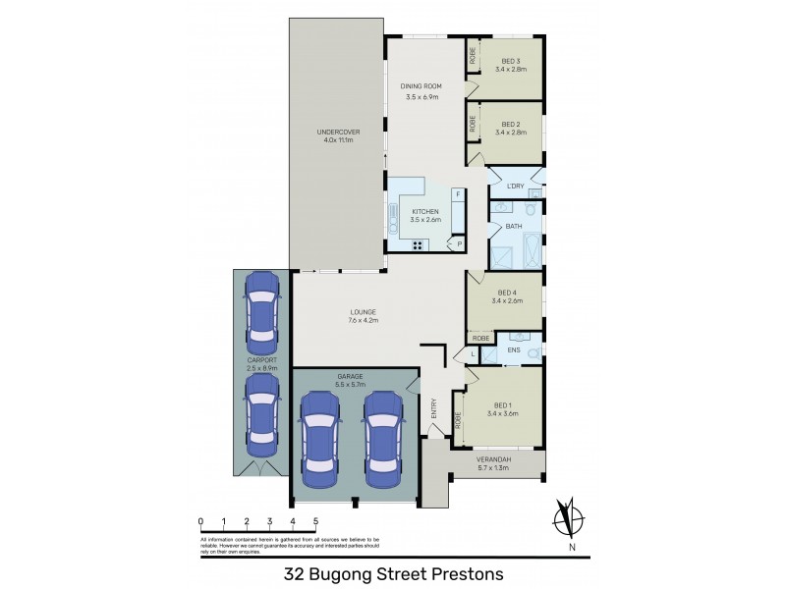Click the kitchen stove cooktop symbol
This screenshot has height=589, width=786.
(418, 244)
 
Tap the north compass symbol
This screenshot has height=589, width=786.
(565, 517)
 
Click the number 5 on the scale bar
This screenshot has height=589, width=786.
(315, 521)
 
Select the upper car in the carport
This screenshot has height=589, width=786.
(262, 312)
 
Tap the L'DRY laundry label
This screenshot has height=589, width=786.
(515, 187)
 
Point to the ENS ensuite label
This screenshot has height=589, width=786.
(514, 349)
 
